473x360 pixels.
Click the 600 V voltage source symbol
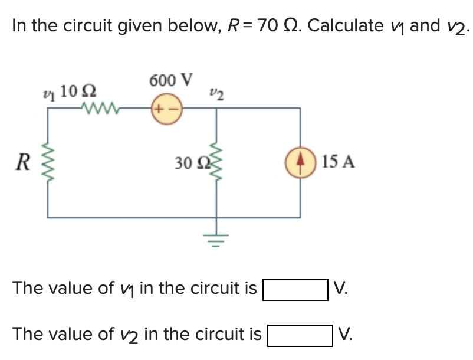coord(167,109)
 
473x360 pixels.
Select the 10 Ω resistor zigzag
coord(100,109)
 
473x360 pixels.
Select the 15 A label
coord(339,161)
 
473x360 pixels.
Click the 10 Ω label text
coord(79,91)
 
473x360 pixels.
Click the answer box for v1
coord(295,289)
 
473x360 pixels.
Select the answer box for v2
coord(300,335)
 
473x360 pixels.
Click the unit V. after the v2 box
coord(347,335)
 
